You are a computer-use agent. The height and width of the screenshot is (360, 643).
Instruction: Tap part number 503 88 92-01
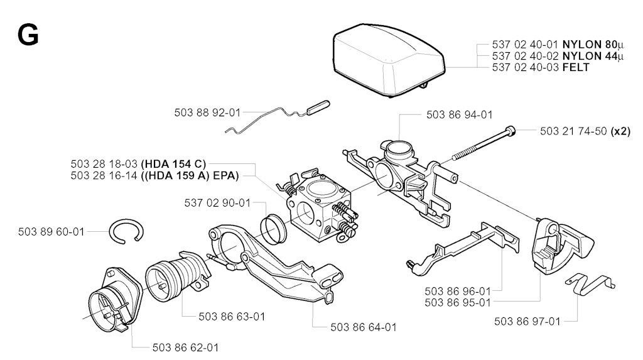(x=207, y=113)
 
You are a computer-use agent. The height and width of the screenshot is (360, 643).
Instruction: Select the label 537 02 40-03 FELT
(x=541, y=67)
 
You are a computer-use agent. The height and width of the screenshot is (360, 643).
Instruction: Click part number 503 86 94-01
(x=459, y=114)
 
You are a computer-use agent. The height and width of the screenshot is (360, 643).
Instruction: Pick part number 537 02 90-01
(x=217, y=202)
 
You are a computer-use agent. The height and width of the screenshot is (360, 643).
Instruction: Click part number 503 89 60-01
(x=51, y=232)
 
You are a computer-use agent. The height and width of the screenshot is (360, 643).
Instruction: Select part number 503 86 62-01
(x=186, y=347)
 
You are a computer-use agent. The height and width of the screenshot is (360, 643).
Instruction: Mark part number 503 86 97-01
(x=527, y=322)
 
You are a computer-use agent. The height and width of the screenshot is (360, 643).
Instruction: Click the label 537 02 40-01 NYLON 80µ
(x=558, y=45)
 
